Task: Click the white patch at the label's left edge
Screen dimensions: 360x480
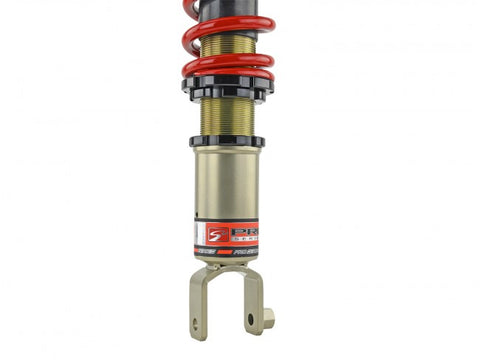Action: click(x=197, y=237)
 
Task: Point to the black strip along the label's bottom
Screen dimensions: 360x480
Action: click(x=226, y=254)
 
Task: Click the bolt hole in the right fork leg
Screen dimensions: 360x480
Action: click(x=251, y=321)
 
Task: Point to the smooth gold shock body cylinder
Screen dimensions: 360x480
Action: click(x=226, y=185)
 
